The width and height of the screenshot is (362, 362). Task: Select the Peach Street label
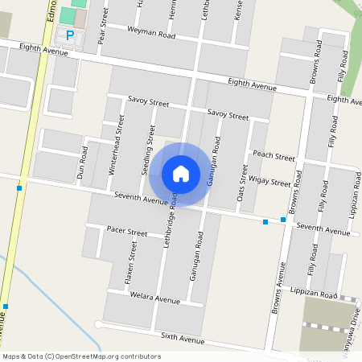(x=274, y=154)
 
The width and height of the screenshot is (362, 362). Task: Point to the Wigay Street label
(x=269, y=182)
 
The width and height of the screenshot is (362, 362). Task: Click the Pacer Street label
(x=126, y=232)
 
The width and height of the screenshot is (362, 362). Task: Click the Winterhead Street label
(x=116, y=145)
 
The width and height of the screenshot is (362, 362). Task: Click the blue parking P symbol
(x=70, y=35)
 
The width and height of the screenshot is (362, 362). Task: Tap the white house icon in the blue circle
(x=181, y=173)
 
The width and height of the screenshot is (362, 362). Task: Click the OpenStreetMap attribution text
(x=82, y=356)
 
